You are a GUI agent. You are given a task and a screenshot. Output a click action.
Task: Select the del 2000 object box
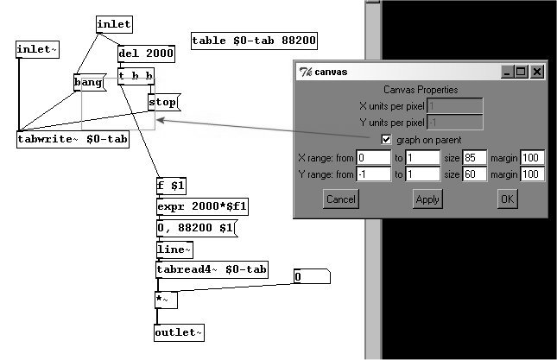[x=146, y=54]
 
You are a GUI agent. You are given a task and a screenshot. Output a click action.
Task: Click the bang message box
[x=88, y=83]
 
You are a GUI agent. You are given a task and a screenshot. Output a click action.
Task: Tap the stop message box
[x=162, y=102]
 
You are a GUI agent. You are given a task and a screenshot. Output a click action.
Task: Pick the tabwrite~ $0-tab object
[x=73, y=139]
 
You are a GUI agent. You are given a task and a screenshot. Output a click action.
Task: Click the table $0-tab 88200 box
[x=254, y=41]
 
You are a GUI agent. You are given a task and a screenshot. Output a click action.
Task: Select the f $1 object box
[x=171, y=186]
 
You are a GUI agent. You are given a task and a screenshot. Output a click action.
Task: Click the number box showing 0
[x=311, y=278]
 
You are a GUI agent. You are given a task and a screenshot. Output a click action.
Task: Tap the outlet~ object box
[x=180, y=332]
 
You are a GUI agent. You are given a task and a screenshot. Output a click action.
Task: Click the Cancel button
[x=340, y=199]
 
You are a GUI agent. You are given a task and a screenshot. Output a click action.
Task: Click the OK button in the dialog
[x=507, y=199]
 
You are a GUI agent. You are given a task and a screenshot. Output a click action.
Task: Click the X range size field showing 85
[x=475, y=158]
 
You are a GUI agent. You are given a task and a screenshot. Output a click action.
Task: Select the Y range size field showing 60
[x=475, y=174]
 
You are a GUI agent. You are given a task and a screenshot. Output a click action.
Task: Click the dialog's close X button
[x=536, y=73]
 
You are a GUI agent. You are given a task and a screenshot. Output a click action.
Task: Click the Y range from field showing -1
[x=374, y=174]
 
